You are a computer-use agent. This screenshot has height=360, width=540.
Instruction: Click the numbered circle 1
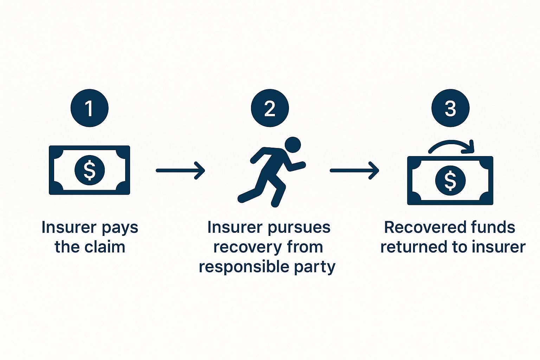point(89,108)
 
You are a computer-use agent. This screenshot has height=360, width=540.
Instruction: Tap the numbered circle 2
point(270,108)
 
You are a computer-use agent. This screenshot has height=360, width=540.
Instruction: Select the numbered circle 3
point(450,108)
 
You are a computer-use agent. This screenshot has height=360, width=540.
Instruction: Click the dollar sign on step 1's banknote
point(89,170)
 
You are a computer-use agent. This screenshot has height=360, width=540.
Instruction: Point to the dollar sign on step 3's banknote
point(450,180)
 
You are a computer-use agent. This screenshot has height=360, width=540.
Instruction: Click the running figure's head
point(292,144)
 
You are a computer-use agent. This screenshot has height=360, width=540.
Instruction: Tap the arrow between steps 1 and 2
point(180,171)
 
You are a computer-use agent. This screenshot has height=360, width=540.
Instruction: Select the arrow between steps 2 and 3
point(354,171)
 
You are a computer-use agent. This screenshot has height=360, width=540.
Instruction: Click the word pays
point(120,228)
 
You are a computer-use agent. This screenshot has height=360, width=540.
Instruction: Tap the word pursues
point(299,228)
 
